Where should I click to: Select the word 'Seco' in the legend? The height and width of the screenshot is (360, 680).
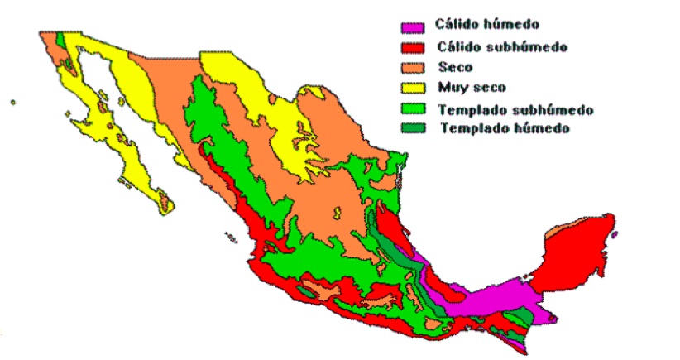(455, 68)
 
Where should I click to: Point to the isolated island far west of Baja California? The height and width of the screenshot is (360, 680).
(12, 103)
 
